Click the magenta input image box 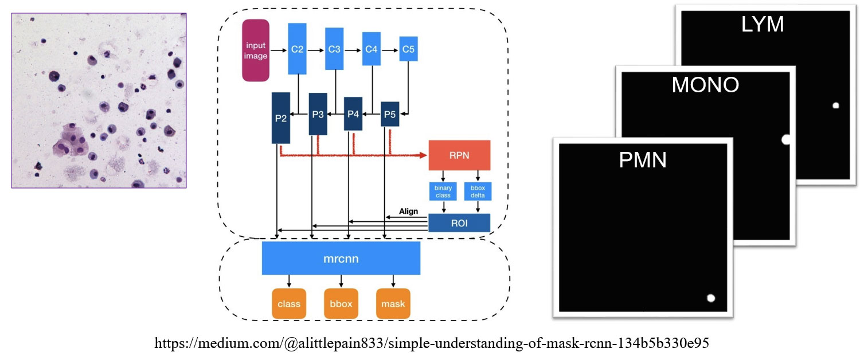[256, 50]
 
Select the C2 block [297, 49]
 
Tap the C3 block [334, 49]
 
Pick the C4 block [371, 49]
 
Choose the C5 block [408, 49]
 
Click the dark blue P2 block [281, 118]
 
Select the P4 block [353, 114]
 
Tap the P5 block [390, 114]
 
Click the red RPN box [459, 155]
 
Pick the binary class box [443, 191]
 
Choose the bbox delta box [478, 191]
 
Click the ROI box [459, 223]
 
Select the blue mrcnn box [341, 258]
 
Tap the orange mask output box [393, 303]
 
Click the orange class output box [288, 303]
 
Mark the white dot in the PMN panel [711, 298]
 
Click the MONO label [705, 85]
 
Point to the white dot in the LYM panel [836, 105]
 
